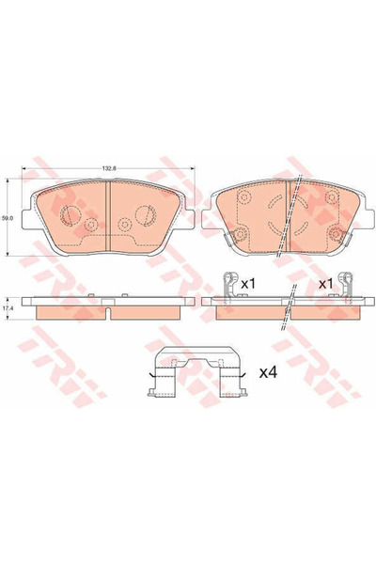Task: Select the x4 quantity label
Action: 267,373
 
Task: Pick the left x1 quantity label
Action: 248,283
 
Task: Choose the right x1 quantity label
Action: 326,283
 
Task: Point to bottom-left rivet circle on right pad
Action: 241,235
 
